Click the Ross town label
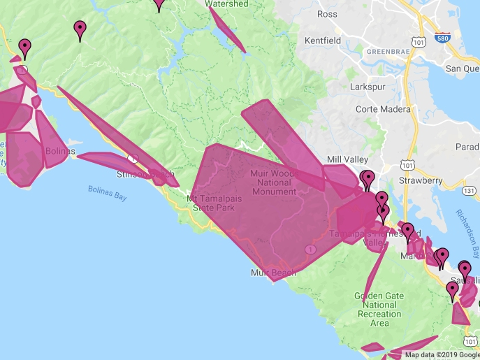[327, 14]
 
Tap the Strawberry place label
[422, 180]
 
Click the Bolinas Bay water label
[108, 192]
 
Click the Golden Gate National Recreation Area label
[379, 310]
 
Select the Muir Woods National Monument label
[274, 182]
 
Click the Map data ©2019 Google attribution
[442, 354]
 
